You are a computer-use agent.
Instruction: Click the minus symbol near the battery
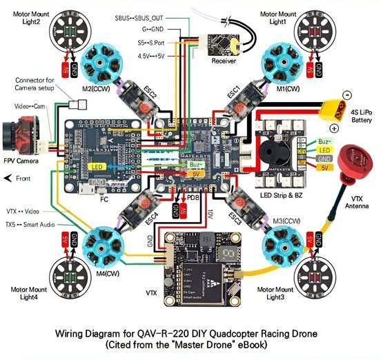click(346, 94)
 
